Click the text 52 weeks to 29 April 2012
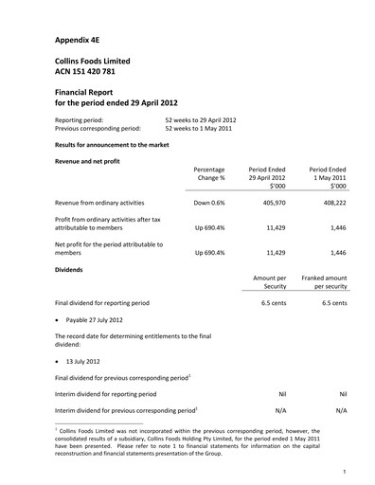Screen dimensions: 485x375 click(x=200, y=120)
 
